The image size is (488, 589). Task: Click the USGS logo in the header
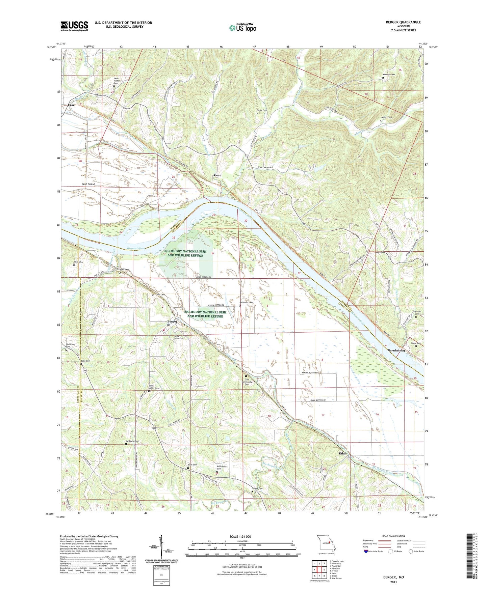pyautogui.click(x=74, y=26)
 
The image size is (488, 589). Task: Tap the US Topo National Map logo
pyautogui.click(x=242, y=28)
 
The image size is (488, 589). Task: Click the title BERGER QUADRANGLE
pyautogui.click(x=404, y=22)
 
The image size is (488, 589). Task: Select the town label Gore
pyautogui.click(x=217, y=175)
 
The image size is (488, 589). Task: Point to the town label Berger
pyautogui.click(x=173, y=321)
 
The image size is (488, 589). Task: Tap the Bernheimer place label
pyautogui.click(x=396, y=350)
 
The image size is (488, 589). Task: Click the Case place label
pyautogui.click(x=71, y=105)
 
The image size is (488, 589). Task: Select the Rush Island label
pyautogui.click(x=88, y=184)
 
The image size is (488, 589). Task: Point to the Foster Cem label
pyautogui.click(x=261, y=110)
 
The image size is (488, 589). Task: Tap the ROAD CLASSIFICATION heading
pyautogui.click(x=393, y=536)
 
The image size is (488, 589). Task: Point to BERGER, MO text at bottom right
pyautogui.click(x=393, y=577)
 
